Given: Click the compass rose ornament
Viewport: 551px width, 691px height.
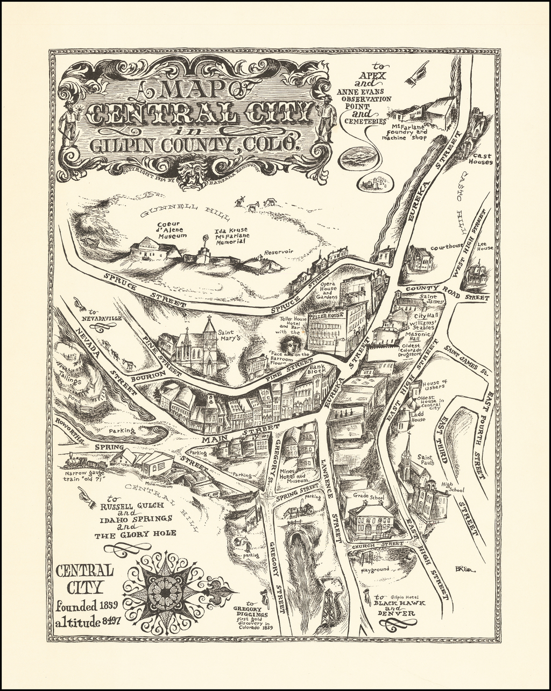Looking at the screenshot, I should (166, 592).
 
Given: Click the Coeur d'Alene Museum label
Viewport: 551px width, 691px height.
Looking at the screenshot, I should (172, 230).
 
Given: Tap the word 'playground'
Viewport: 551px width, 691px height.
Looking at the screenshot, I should (375, 569).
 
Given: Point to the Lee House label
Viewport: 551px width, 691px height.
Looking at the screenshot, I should (485, 245).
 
